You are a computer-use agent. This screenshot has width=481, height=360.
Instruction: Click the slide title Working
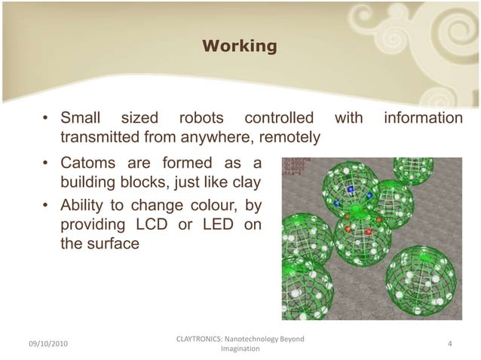pyautogui.click(x=239, y=47)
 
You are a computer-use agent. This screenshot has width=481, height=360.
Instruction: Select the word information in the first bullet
pyautogui.click(x=423, y=118)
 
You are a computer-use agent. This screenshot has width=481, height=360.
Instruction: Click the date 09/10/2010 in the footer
pyautogui.click(x=47, y=344)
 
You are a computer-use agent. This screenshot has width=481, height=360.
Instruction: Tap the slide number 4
pyautogui.click(x=449, y=344)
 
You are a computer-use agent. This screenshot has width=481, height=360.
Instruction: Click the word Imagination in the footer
pyautogui.click(x=240, y=349)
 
